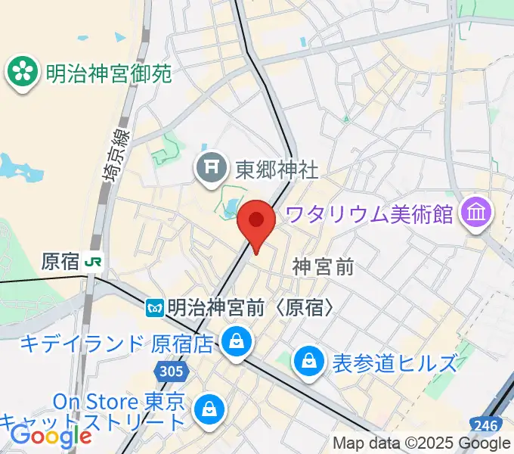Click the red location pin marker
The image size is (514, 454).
pyautogui.click(x=256, y=222)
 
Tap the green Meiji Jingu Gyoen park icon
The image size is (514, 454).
pyautogui.click(x=22, y=72)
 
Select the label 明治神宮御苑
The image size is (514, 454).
pyautogui.click(x=109, y=73)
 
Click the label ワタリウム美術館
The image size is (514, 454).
pyautogui.click(x=370, y=213)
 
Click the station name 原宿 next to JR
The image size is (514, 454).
pyautogui.click(x=60, y=262)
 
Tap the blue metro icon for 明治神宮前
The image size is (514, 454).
pyautogui.click(x=156, y=307)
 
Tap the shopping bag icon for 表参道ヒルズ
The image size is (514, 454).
pyautogui.click(x=309, y=361)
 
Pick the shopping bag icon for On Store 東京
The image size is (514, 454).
pyautogui.click(x=207, y=410)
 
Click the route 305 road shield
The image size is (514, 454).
pyautogui.click(x=172, y=371)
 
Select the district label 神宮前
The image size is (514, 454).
pyautogui.click(x=324, y=266)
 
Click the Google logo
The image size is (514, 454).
pyautogui.click(x=50, y=435)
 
